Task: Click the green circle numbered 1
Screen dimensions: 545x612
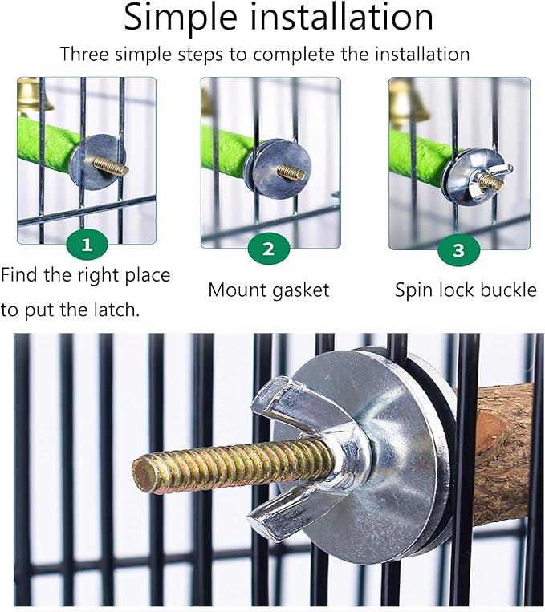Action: (87, 245)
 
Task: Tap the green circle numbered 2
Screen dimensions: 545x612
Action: (269, 249)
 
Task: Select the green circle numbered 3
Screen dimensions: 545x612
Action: (458, 250)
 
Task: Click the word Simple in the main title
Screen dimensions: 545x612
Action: (181, 18)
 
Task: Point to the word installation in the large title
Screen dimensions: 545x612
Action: (341, 17)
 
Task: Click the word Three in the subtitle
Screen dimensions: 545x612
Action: (84, 54)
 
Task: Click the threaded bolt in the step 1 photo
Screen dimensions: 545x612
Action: (111, 166)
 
